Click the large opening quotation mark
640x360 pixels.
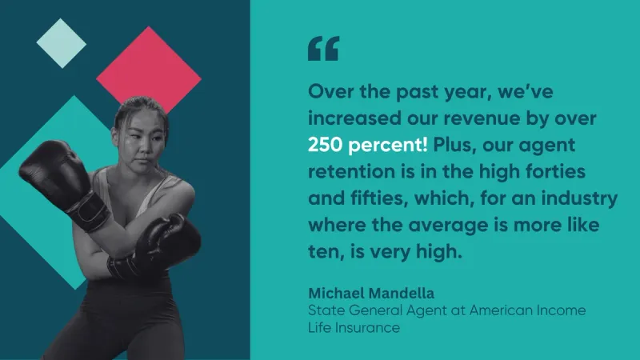(323, 49)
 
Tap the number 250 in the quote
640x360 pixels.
(325, 145)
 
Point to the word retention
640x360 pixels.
(351, 171)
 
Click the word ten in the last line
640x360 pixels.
(326, 252)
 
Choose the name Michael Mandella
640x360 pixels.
(371, 293)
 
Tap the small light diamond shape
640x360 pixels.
(62, 43)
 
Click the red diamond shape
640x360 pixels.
(149, 74)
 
